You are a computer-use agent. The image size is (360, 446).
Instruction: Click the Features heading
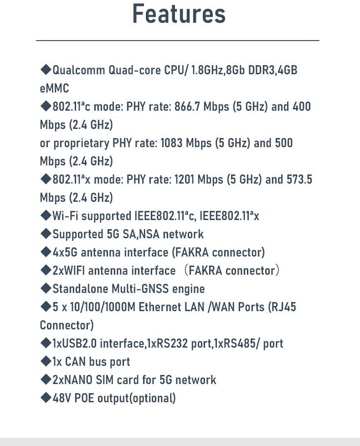pos(179,14)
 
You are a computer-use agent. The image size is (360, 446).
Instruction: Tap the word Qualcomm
pos(79,70)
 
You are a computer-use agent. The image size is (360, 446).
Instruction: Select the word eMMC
pos(54,88)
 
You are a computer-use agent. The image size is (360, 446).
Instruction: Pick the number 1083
pos(171,143)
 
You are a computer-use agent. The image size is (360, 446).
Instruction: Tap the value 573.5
pos(299,179)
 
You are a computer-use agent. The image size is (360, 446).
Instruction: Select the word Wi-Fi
pos(65,216)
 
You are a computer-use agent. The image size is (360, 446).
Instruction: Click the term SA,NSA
pos(141,234)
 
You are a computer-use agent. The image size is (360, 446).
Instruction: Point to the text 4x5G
pos(65,252)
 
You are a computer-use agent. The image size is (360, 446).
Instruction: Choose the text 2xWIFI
pos(69,271)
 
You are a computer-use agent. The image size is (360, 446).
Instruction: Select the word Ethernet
pos(160,307)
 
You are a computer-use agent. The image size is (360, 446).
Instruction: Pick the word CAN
pos(75,362)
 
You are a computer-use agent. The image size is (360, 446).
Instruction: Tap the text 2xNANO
pos(72,380)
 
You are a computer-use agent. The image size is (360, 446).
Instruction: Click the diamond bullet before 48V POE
pos(46,398)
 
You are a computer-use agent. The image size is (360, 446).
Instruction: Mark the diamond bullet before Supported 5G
pos(46,234)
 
